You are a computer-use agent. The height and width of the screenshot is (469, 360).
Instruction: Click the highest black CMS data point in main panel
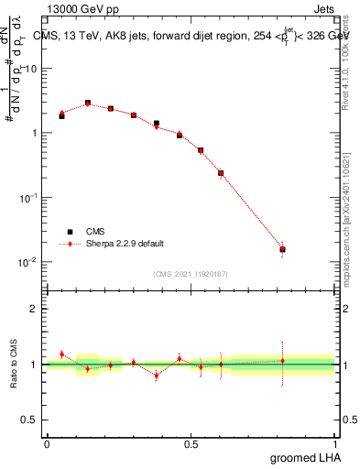click(x=88, y=104)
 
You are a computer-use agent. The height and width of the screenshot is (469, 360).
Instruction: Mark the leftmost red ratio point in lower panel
click(x=61, y=354)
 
